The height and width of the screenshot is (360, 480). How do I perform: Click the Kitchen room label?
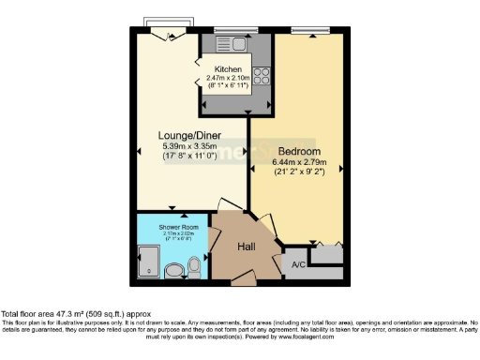tap(229, 70)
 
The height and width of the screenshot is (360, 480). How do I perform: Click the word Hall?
tap(247, 247)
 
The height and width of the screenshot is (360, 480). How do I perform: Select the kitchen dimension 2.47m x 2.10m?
tap(229, 80)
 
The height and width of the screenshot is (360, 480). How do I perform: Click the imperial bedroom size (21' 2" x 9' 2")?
tap(300, 172)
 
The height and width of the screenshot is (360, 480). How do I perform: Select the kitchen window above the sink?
tap(229, 29)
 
